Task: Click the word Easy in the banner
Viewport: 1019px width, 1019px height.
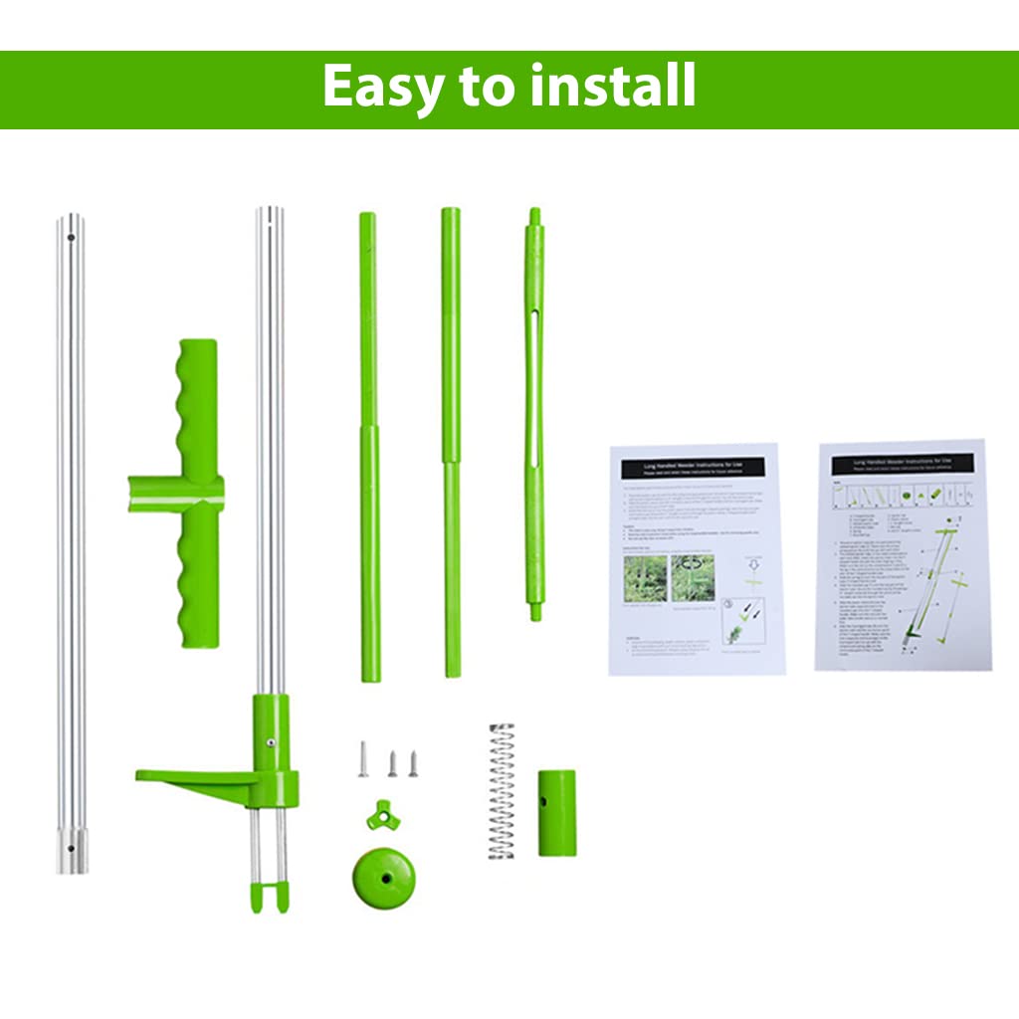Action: click(x=382, y=88)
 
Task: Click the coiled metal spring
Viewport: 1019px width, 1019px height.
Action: click(x=502, y=791)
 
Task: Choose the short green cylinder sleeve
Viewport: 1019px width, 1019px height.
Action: click(x=556, y=812)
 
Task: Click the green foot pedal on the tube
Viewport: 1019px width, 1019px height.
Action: click(x=199, y=777)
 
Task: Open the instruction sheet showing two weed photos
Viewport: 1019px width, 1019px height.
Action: click(x=696, y=559)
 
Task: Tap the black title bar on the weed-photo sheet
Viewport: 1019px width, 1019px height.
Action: click(x=694, y=467)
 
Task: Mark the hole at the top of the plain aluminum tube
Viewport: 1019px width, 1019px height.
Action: click(x=72, y=237)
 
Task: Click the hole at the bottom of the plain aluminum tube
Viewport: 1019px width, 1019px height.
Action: click(x=71, y=848)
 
